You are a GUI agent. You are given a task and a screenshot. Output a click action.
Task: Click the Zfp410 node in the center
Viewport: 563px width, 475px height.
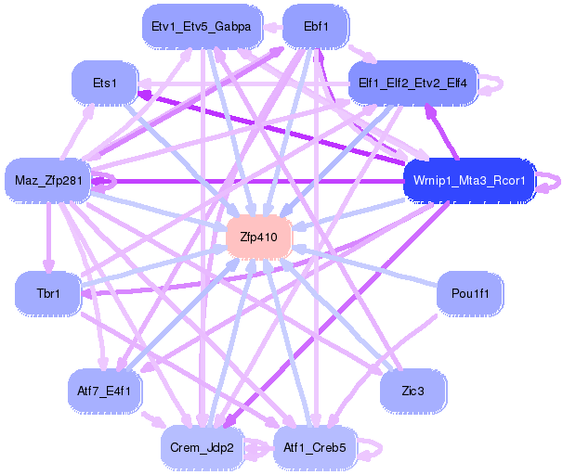[x=258, y=237]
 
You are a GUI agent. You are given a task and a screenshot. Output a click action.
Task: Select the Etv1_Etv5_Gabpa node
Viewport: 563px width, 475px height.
[x=202, y=27]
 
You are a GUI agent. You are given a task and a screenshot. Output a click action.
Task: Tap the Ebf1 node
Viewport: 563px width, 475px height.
[x=316, y=27]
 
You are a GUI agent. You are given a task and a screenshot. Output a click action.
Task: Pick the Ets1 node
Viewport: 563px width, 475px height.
[x=104, y=83]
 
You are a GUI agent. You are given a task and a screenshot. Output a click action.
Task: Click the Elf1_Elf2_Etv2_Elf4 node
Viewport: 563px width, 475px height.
[x=412, y=83]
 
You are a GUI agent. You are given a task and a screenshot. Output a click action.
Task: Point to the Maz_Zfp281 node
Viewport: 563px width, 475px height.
[x=48, y=180]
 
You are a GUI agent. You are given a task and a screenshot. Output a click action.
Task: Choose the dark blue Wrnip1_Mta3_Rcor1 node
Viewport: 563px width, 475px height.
[x=469, y=180]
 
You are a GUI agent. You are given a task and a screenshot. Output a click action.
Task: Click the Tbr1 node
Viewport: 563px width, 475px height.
[x=48, y=293]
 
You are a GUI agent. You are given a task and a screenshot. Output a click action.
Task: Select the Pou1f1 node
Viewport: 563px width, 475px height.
[x=470, y=293]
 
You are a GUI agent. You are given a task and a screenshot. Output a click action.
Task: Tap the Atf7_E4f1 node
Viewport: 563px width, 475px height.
[x=104, y=391]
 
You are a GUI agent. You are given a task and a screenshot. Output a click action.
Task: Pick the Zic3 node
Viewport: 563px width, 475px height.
[x=412, y=391]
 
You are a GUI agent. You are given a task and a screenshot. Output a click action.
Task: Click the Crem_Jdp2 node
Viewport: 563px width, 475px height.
[x=202, y=447]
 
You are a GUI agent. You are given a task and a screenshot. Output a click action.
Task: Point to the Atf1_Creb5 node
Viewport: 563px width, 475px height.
[x=315, y=447]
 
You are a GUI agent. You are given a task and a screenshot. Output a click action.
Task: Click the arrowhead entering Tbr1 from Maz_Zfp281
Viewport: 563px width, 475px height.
[x=48, y=266]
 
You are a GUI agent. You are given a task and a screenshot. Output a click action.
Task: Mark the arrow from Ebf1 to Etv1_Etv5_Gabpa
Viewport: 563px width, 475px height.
[x=272, y=27]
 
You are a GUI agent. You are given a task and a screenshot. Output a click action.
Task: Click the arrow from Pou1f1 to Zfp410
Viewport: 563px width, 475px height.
[x=365, y=265]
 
